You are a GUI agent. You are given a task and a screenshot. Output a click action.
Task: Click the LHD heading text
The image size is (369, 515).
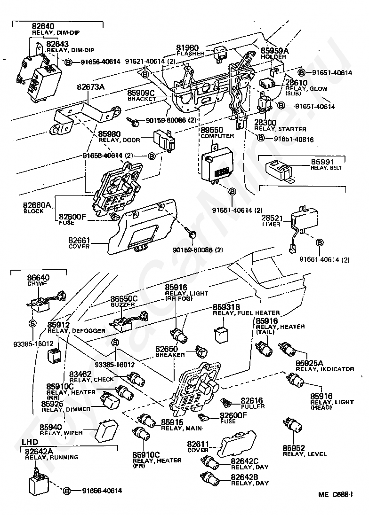31,443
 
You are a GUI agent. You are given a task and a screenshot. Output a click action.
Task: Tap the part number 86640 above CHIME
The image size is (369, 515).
39,278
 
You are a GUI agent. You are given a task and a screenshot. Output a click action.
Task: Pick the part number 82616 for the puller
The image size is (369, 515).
253,400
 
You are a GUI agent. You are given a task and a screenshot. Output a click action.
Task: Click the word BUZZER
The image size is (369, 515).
123,304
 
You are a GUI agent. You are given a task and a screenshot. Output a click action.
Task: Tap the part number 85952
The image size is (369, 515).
294,448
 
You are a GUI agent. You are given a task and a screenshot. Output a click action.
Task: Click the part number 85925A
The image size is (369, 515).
309,363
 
